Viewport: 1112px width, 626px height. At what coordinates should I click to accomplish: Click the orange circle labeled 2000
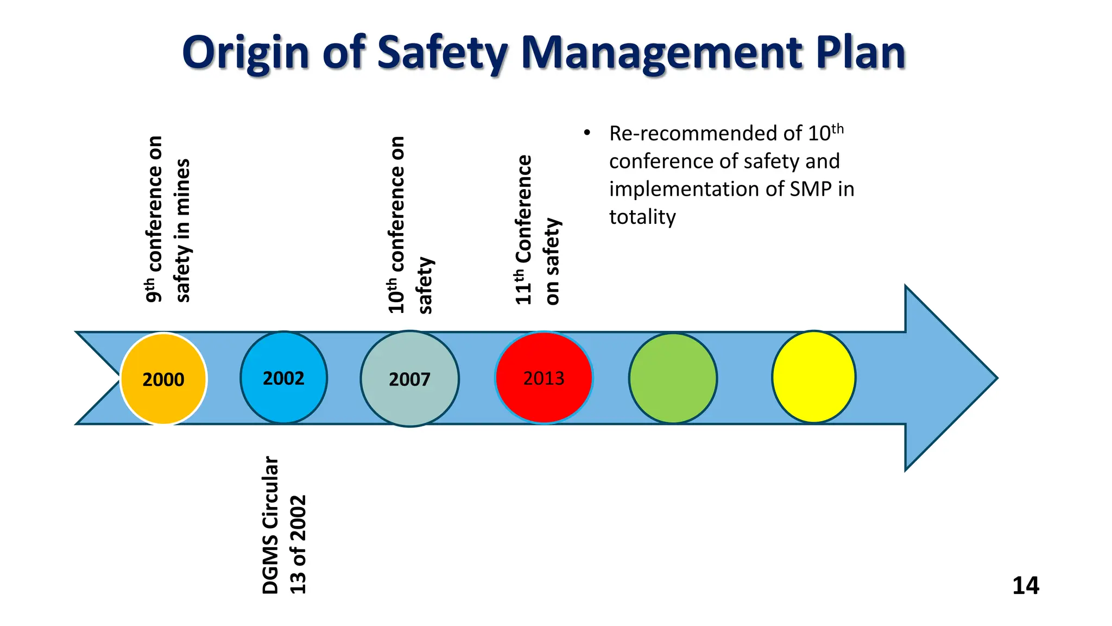click(163, 378)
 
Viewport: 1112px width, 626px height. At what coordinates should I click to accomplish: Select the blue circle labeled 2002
click(283, 377)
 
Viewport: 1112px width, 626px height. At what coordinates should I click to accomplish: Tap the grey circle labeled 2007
click(409, 378)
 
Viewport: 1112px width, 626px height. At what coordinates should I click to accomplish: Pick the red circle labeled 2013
click(544, 377)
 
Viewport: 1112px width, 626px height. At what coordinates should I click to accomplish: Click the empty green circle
click(673, 378)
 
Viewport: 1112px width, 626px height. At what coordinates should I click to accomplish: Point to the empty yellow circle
click(813, 377)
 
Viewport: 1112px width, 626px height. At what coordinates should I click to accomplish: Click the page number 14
click(1025, 585)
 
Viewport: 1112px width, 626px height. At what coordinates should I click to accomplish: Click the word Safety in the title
click(441, 53)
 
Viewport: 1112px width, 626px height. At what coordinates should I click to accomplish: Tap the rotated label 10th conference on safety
click(410, 226)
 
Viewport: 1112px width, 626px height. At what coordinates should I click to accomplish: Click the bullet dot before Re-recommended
click(586, 133)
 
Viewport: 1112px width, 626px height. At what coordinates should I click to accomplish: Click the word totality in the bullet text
click(642, 217)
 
